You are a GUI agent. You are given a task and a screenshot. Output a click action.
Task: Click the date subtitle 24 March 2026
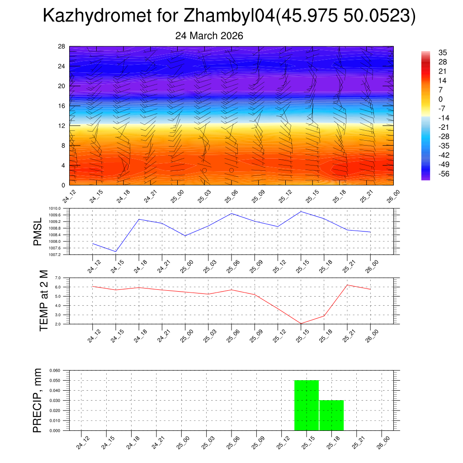point(209,36)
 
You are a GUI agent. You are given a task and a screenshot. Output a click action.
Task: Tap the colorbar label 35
point(443,53)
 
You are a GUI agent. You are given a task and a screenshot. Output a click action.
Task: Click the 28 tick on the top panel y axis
point(62,47)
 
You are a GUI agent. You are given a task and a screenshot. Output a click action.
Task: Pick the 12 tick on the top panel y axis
point(62,126)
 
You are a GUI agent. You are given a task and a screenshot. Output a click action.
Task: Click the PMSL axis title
point(38,231)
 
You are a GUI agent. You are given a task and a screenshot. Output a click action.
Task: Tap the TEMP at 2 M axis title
point(43,301)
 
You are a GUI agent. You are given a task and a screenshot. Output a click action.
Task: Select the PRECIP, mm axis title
point(38,400)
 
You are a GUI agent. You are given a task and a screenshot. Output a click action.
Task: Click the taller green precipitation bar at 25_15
point(307,405)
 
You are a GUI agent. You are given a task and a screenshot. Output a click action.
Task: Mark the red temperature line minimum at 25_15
point(301,323)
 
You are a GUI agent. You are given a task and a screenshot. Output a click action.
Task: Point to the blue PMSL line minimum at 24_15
point(116,251)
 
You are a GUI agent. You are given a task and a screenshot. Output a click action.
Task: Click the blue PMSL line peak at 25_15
point(301,211)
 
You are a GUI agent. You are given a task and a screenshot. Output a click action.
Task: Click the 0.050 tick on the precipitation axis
point(55,380)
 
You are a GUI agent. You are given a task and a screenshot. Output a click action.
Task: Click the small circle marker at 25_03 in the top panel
point(204,170)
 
